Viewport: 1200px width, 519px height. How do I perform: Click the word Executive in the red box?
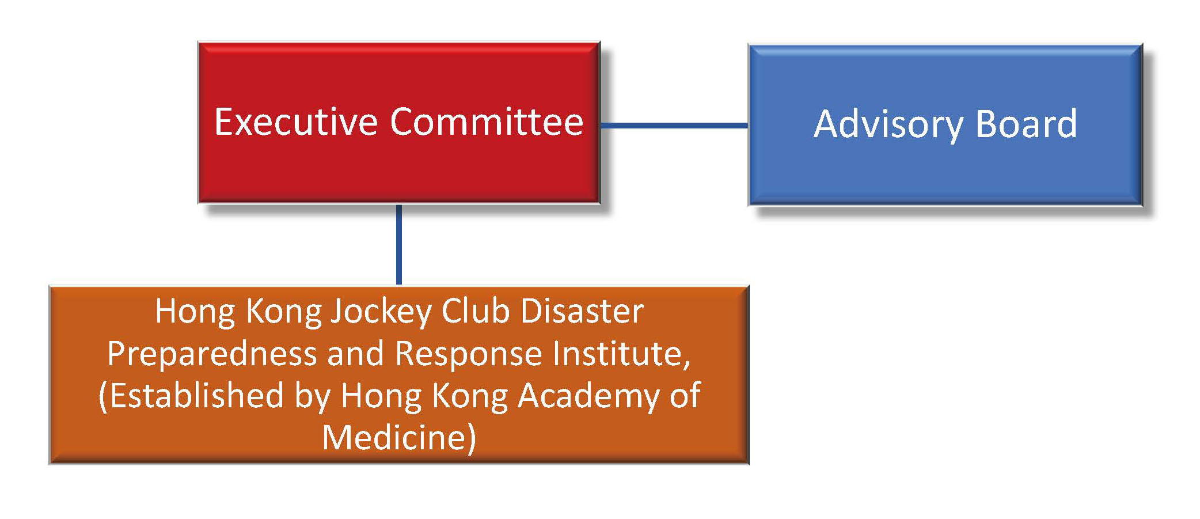[x=296, y=122]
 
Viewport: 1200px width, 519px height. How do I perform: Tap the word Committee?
[x=487, y=122]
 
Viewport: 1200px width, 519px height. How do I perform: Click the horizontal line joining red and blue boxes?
[x=674, y=125]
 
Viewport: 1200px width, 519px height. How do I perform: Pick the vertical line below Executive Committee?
[x=398, y=244]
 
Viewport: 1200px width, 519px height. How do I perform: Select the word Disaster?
[x=582, y=312]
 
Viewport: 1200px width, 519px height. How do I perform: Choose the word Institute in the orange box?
[x=617, y=353]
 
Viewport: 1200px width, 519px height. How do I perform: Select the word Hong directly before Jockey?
[x=195, y=313]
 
